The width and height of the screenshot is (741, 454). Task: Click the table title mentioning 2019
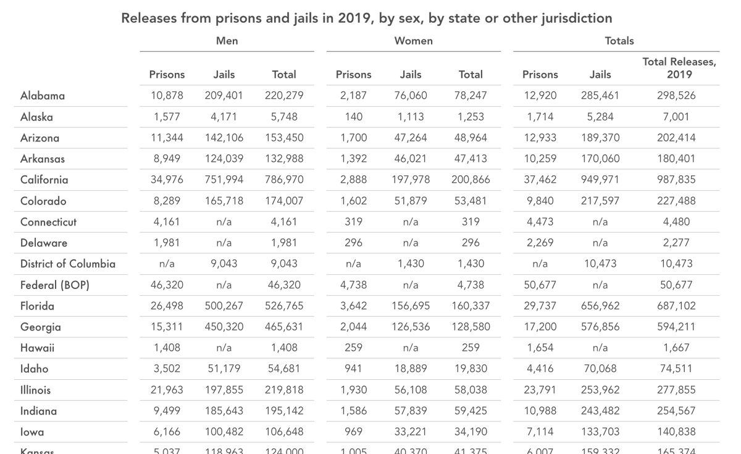click(367, 18)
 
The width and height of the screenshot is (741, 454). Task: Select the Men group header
click(227, 41)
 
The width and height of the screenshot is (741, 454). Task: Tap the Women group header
click(413, 41)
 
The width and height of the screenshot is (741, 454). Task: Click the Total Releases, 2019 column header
click(679, 68)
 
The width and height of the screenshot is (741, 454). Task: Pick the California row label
click(44, 180)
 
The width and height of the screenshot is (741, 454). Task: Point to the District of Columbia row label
click(68, 264)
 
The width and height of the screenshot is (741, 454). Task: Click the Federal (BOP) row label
click(55, 285)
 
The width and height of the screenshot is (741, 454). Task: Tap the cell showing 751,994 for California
click(224, 180)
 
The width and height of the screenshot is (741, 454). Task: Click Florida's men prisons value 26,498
click(167, 306)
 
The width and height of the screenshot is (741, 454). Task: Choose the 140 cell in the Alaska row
click(353, 117)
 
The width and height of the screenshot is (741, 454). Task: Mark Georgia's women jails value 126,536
click(411, 327)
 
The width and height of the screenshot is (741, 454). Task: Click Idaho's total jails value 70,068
click(600, 369)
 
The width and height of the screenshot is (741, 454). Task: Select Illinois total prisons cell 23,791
click(540, 390)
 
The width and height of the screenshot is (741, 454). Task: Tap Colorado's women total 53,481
click(471, 201)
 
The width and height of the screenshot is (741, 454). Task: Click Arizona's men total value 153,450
click(284, 138)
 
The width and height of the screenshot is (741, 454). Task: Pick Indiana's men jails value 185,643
click(224, 411)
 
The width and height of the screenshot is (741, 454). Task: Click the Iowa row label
click(32, 432)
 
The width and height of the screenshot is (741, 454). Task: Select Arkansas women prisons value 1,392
click(353, 159)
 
